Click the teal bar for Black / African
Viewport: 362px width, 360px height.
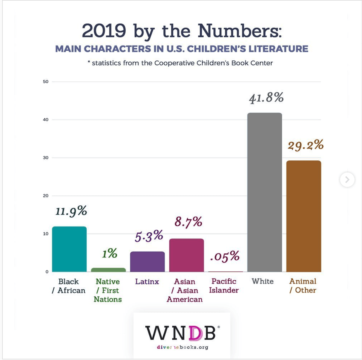click(69, 249)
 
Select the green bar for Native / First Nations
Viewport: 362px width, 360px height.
click(108, 270)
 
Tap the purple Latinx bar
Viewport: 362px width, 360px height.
click(147, 262)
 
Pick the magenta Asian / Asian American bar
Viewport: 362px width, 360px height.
click(186, 255)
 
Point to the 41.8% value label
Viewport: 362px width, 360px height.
click(266, 98)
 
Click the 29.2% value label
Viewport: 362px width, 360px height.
click(306, 145)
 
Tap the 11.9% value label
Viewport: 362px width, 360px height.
click(71, 211)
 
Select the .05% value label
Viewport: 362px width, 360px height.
click(225, 256)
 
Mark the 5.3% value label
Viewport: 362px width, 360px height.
click(149, 236)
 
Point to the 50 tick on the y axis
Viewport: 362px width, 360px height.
click(46, 81)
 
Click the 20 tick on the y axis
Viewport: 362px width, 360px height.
click(46, 196)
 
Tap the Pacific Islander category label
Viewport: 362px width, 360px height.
click(224, 286)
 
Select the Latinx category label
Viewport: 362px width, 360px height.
click(147, 282)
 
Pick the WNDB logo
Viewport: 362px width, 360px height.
click(181, 333)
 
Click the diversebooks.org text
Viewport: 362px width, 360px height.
click(182, 347)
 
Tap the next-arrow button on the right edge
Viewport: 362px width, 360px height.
click(347, 180)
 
